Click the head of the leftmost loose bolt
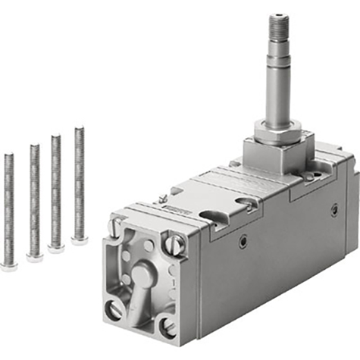[9, 265]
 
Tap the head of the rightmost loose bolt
[79, 240]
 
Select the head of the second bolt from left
[34, 257]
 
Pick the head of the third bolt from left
[56, 248]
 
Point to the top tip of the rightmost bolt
[79, 130]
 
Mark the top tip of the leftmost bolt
[9, 155]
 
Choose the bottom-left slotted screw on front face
[114, 309]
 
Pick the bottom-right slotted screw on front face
[167, 327]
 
